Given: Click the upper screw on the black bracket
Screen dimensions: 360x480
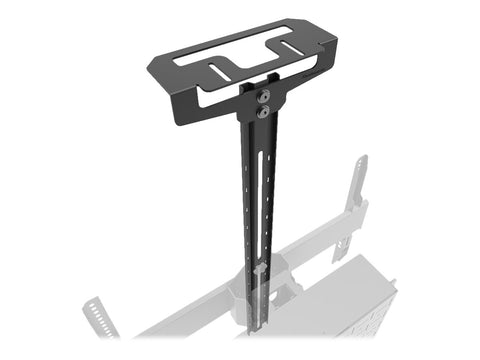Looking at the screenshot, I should (262, 97).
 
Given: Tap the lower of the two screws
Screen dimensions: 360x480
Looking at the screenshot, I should (262, 113).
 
